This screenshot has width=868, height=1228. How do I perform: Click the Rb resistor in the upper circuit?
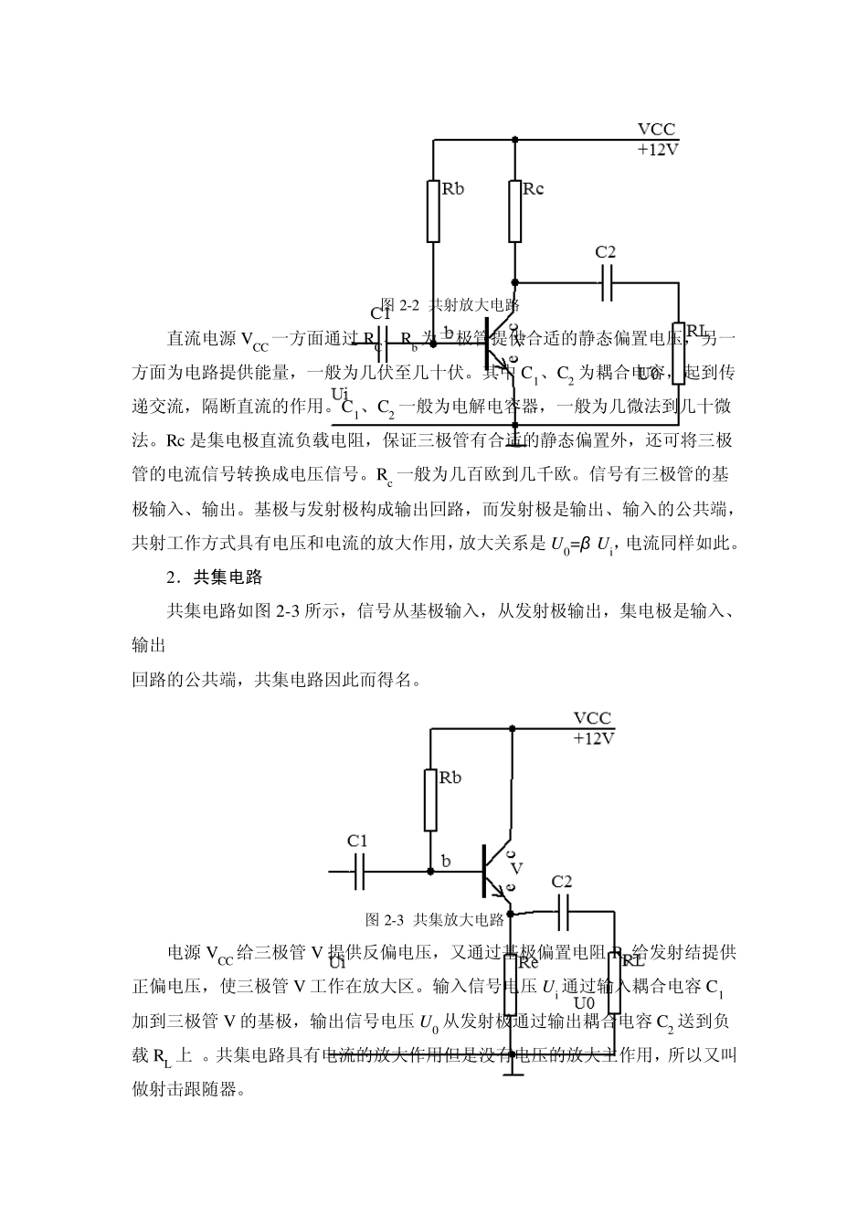433,210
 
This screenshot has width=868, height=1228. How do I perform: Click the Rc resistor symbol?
515,210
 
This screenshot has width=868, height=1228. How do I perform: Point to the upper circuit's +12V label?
658,150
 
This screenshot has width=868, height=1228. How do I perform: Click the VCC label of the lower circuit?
592,719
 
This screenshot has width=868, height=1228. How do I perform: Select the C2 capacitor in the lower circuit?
563,910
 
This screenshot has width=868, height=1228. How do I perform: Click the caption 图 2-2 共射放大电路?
449,305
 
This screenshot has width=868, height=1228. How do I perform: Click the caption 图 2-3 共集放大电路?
434,919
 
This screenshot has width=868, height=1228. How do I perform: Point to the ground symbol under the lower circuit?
513,1075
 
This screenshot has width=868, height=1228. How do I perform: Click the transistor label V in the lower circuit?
516,868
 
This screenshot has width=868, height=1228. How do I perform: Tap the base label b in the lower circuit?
446,862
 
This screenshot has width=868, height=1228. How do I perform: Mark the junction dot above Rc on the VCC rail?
515,140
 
